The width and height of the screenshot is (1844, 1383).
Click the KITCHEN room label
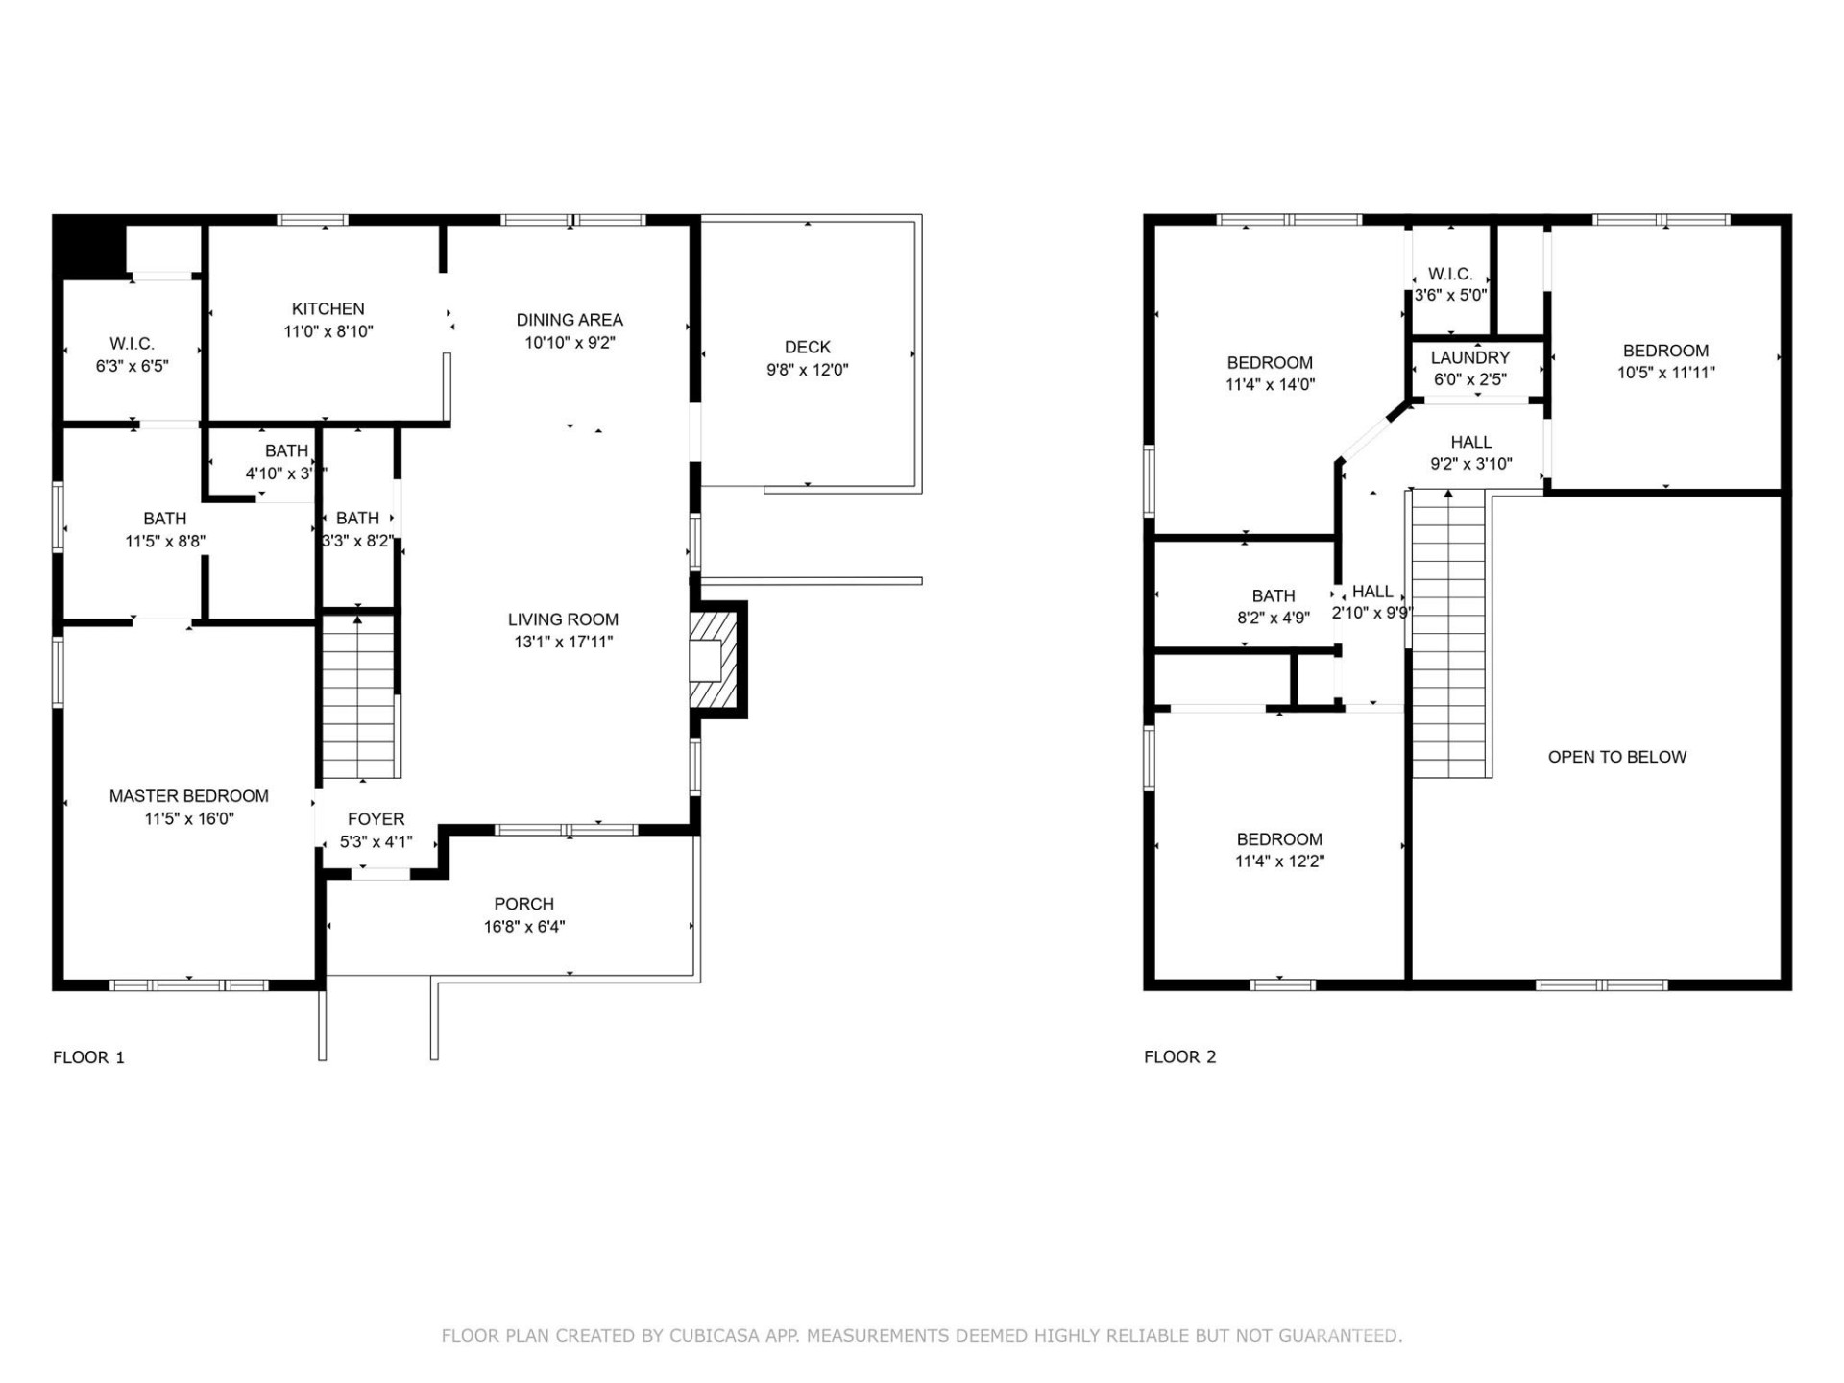[328, 308]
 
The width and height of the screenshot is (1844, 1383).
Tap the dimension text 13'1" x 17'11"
[563, 642]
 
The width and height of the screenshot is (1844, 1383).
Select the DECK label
[807, 347]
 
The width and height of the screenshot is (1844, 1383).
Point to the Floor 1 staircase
[357, 696]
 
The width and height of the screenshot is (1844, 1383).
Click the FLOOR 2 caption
[1179, 1056]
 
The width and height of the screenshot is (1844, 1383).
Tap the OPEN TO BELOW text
[1616, 757]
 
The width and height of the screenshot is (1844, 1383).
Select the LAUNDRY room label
[1469, 357]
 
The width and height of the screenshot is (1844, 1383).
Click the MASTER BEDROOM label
[188, 795]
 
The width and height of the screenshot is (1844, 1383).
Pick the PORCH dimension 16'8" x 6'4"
[523, 927]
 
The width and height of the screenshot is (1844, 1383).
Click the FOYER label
[376, 819]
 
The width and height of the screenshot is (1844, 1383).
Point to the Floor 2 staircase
[1448, 634]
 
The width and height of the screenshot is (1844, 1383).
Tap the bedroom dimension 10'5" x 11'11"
[1665, 373]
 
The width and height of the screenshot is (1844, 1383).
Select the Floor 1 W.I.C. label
[132, 343]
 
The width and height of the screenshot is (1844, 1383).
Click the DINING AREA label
[570, 320]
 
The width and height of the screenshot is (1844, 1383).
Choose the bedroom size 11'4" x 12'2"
[1279, 861]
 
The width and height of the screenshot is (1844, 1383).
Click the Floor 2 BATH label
[1274, 595]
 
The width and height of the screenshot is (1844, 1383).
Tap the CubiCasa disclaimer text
[921, 1335]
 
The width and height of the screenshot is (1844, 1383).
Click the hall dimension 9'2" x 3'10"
[1470, 464]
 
